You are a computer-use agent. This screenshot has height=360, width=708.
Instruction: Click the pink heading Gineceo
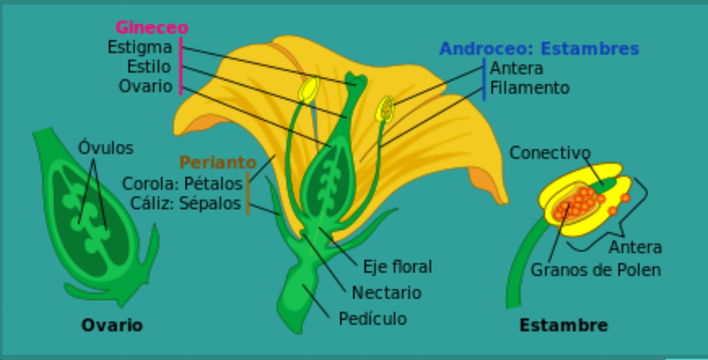tap(151, 27)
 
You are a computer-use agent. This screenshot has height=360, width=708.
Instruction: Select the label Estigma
tap(140, 47)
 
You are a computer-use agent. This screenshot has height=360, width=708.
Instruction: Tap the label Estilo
tap(148, 67)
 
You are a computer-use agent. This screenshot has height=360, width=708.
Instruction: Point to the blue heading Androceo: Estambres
tap(539, 49)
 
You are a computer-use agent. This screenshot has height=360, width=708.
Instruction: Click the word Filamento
tap(529, 88)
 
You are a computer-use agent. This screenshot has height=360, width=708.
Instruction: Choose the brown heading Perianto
tap(217, 163)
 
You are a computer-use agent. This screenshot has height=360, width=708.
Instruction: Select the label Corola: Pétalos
tap(182, 183)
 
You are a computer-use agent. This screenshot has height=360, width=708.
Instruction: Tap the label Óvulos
tap(105, 148)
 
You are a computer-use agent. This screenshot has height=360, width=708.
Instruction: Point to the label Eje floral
tap(398, 267)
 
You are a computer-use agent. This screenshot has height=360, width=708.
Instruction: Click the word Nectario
tap(386, 293)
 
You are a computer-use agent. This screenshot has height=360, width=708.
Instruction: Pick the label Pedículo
tap(373, 319)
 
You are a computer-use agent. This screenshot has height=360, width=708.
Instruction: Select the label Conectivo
tap(550, 153)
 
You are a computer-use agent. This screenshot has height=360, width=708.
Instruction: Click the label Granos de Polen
tap(595, 270)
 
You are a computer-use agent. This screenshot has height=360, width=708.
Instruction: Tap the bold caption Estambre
tap(563, 325)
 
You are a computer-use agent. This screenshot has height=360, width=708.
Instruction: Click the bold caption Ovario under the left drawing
tap(112, 325)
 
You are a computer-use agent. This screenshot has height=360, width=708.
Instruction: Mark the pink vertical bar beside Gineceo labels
tap(181, 66)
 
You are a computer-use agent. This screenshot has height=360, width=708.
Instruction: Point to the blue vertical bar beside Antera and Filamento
tap(484, 78)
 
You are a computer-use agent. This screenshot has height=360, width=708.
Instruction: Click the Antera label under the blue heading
tap(516, 68)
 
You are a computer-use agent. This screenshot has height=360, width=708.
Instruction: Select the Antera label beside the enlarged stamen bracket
tap(635, 247)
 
